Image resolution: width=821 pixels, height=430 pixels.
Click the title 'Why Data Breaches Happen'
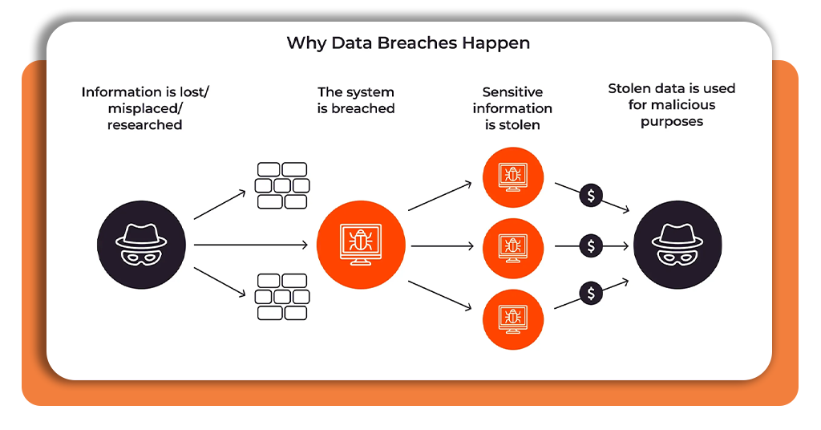click(x=408, y=43)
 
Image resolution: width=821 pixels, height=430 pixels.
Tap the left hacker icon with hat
click(x=141, y=245)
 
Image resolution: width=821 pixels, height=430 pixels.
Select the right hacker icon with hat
click(x=677, y=245)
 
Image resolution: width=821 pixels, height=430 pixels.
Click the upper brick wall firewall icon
click(x=281, y=185)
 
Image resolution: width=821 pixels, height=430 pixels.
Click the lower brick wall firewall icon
click(x=281, y=297)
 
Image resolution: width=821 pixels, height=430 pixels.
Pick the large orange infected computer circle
click(x=361, y=245)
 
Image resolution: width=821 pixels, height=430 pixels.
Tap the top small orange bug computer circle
click(x=513, y=178)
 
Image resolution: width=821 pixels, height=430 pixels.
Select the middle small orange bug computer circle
click(x=513, y=245)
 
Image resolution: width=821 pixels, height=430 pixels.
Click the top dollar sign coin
click(x=591, y=195)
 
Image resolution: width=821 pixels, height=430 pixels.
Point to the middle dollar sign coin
click(x=591, y=246)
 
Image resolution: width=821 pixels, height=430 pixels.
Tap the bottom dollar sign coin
click(x=591, y=294)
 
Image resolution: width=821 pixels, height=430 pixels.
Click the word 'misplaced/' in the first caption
click(x=145, y=108)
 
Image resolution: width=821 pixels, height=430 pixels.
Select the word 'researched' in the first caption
click(x=145, y=125)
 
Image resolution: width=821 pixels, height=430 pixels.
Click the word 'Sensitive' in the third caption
click(x=512, y=92)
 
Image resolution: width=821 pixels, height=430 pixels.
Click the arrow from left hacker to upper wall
click(x=220, y=205)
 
